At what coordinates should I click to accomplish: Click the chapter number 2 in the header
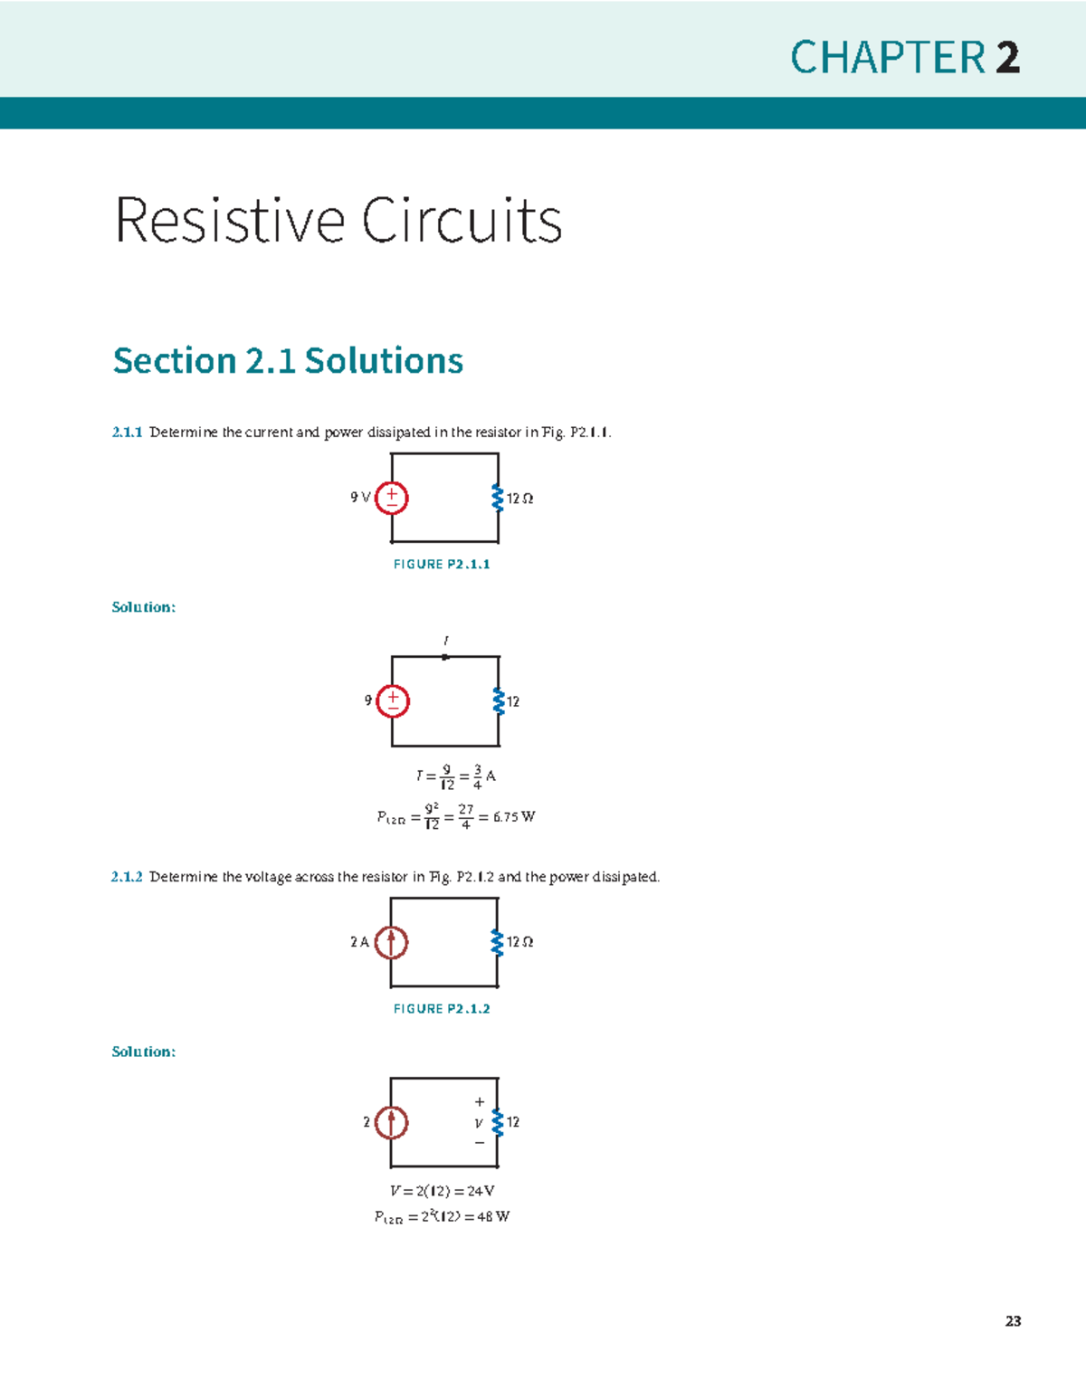pos(1007,58)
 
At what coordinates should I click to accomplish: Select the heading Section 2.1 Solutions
pos(288,360)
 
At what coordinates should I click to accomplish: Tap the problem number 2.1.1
pos(127,433)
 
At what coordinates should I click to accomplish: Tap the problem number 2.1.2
pos(127,877)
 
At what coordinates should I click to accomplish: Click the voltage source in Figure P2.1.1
pos(392,498)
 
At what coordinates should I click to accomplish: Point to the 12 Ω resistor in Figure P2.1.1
pos(497,498)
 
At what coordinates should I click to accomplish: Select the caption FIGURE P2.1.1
pos(442,564)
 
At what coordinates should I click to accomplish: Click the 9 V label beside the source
pos(360,497)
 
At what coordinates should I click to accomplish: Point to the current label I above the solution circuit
pos(445,641)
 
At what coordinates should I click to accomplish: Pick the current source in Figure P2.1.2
pos(391,942)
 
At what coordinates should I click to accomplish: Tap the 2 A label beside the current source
pos(359,942)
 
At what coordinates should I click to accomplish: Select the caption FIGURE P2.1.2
pos(442,1008)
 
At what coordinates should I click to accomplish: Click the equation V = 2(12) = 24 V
pos(442,1191)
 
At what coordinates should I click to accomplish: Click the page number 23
pos(1013,1321)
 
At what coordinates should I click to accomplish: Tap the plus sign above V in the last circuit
pos(480,1102)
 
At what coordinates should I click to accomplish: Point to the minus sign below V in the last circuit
pos(480,1143)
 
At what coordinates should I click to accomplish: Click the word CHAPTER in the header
pos(888,58)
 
